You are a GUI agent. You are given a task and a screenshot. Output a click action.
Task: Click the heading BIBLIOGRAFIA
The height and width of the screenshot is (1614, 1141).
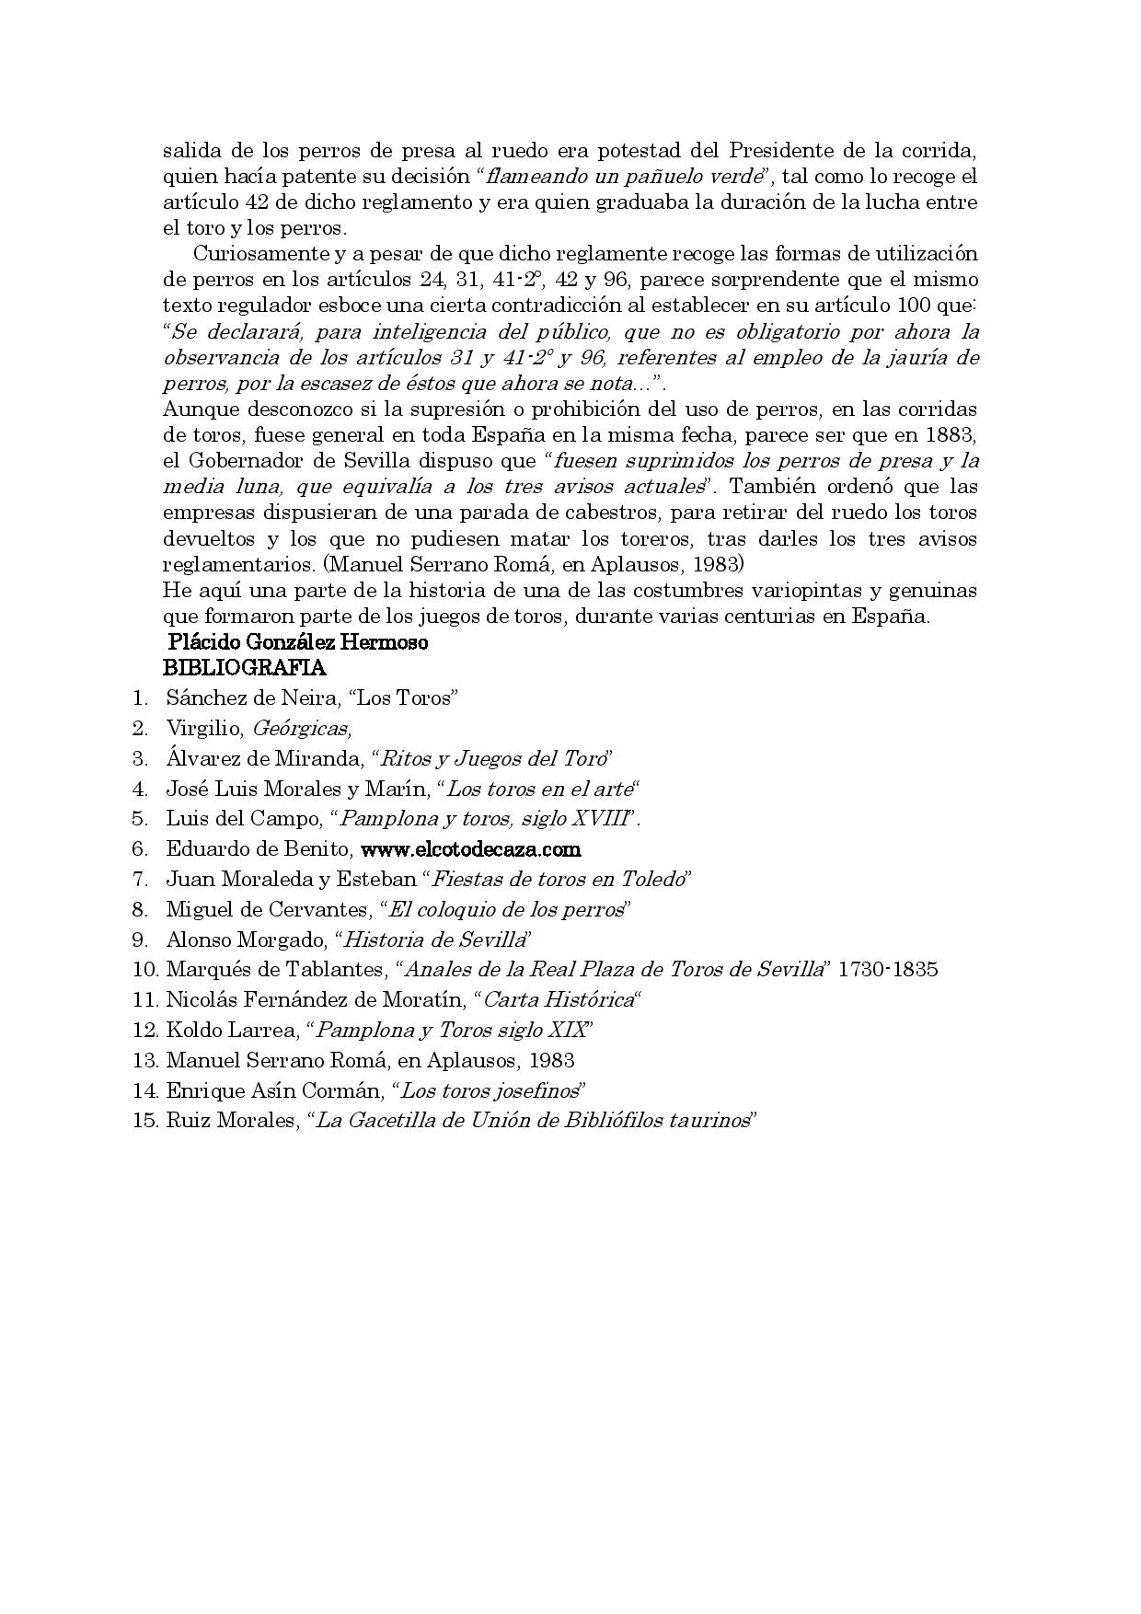tap(244, 667)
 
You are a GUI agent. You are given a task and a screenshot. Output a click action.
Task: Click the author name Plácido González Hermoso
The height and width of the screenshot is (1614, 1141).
tap(297, 642)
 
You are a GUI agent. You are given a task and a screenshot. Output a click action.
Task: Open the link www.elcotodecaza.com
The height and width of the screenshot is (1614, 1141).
tap(470, 848)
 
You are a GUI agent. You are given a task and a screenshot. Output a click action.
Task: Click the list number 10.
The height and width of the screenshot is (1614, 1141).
tap(145, 969)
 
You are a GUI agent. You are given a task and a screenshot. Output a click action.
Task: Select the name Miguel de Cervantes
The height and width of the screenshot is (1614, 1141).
tap(267, 909)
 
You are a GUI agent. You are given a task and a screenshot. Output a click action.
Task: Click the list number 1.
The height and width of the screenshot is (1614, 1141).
tap(141, 697)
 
